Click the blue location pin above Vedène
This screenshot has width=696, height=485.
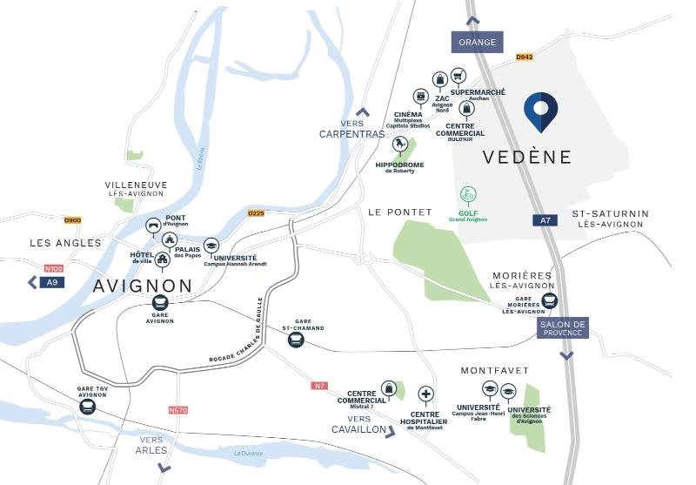coord(540,111)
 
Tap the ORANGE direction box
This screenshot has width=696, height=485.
coord(478,42)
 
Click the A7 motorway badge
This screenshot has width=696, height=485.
coord(545,220)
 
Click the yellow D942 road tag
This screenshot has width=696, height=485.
coord(524,57)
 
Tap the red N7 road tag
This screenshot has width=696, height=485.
coord(319,386)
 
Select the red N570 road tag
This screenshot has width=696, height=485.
coord(177,410)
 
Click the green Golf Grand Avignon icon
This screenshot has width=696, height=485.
coord(468,195)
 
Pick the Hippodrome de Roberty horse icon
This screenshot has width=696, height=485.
coord(399,146)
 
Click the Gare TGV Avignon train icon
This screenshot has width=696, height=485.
coord(87,381)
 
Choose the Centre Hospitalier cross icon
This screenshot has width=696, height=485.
coord(426,394)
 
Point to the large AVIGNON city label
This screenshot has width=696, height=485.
coord(143,286)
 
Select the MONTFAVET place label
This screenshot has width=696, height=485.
coord(494,370)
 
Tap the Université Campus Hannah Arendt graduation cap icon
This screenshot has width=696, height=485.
coord(211,246)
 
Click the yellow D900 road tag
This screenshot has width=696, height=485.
coord(72,220)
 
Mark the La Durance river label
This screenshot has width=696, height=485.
coord(249,453)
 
